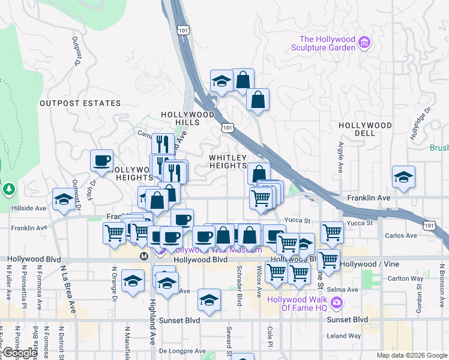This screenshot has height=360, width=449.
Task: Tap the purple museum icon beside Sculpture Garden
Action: coord(364,41)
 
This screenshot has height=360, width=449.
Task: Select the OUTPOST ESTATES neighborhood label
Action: coord(80,103)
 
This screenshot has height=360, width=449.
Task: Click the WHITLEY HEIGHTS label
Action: coord(228,161)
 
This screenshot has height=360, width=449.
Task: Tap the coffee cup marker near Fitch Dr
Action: coord(101,160)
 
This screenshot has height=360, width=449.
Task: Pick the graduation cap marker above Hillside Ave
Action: coord(63,199)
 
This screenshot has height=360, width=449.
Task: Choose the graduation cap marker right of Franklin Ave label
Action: coord(403,177)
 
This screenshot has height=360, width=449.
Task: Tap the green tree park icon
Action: coord(8,190)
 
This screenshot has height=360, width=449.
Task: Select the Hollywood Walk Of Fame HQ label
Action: coord(304,304)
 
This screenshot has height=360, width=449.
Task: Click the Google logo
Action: coord(19,353)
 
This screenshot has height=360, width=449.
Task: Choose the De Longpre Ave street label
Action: coord(183,351)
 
